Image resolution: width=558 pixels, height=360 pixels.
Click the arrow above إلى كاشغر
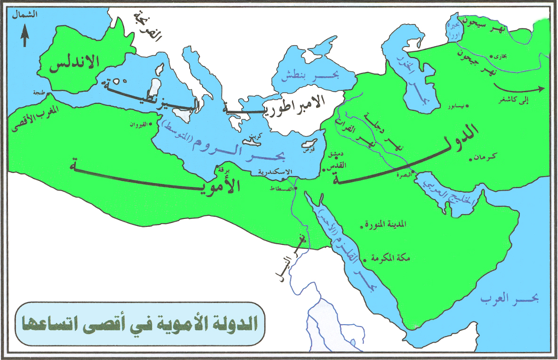point(518,88)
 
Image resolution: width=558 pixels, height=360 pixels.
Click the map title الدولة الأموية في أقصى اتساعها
point(140,324)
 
